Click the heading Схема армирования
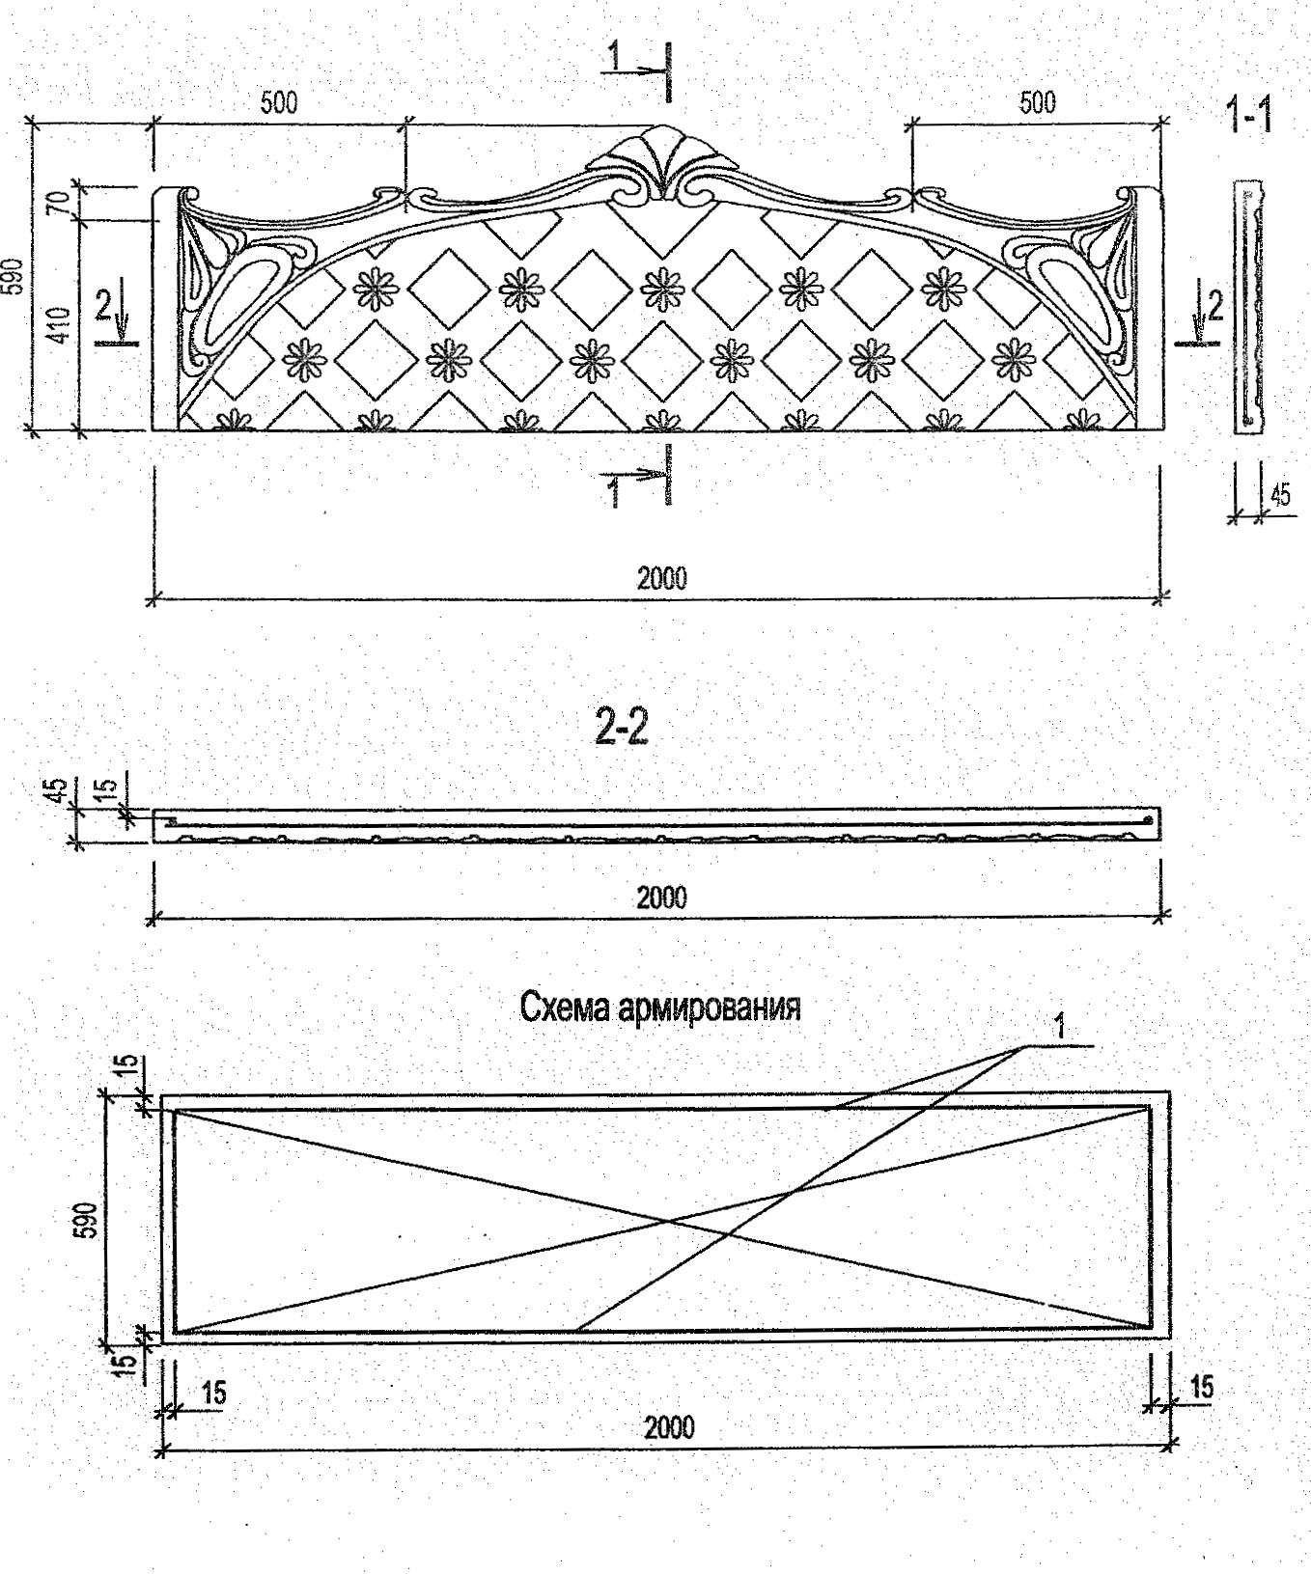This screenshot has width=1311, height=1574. click(660, 1008)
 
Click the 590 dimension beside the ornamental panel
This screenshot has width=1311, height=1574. click(13, 278)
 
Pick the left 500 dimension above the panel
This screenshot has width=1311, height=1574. click(279, 102)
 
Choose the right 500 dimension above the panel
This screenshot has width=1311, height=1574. click(1037, 102)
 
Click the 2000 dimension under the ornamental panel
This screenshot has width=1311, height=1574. click(662, 578)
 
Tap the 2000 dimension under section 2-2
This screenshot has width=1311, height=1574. click(662, 897)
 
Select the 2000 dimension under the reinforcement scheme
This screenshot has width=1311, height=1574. click(668, 1426)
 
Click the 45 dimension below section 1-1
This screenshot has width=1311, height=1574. click(1280, 496)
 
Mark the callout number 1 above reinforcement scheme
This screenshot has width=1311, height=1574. click(1060, 1027)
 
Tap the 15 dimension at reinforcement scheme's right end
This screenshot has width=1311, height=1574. click(1201, 1388)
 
